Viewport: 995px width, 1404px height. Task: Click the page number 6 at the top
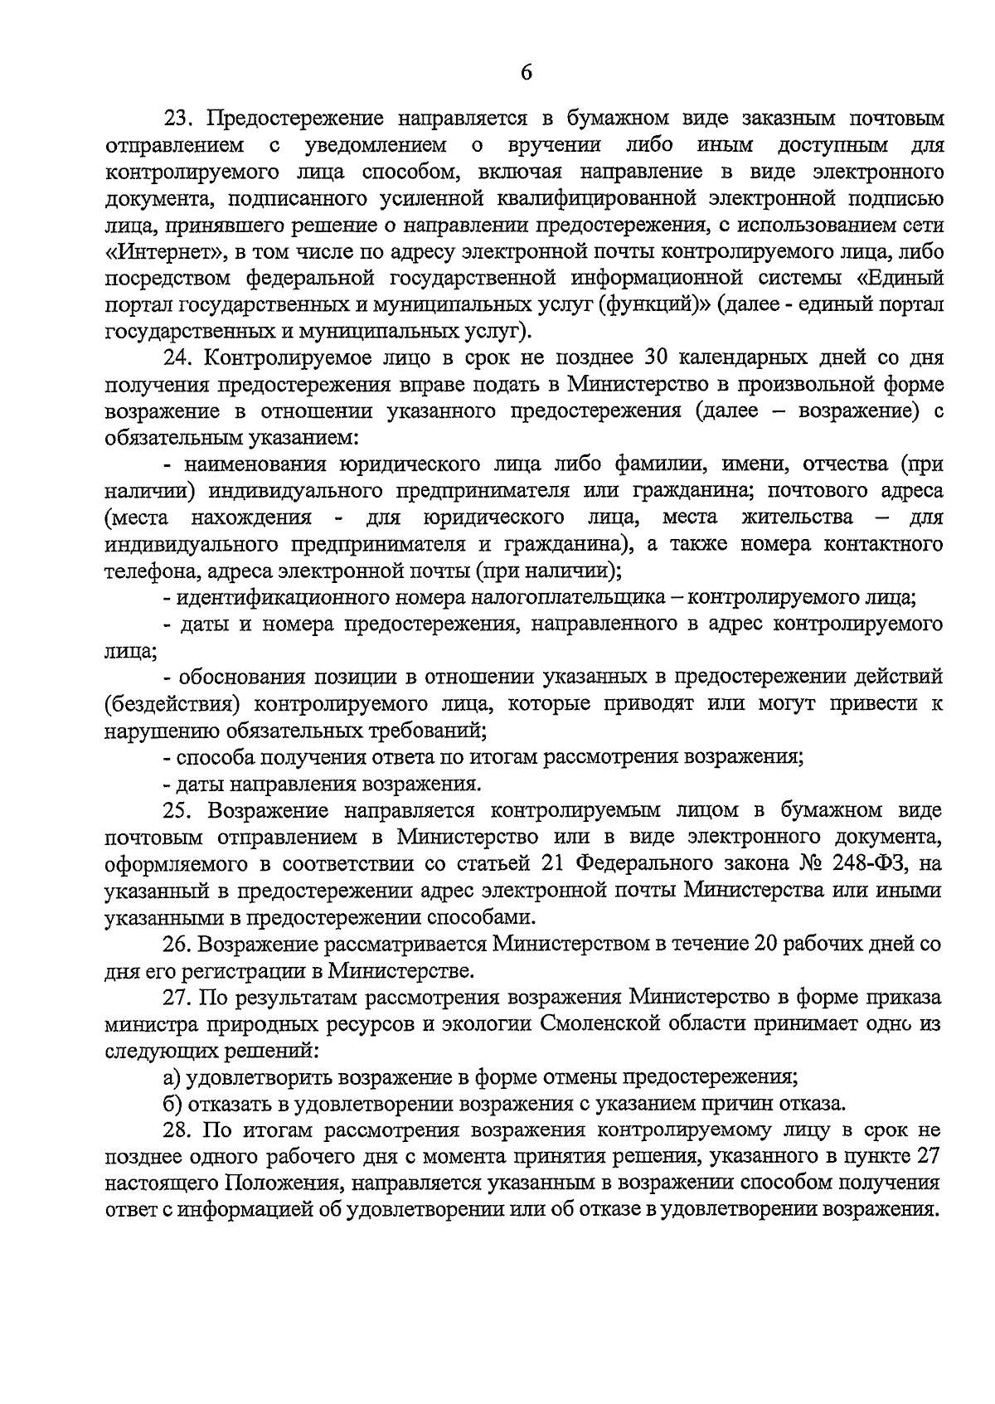526,72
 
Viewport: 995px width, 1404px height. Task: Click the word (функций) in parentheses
654,305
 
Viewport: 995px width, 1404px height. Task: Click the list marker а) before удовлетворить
172,1077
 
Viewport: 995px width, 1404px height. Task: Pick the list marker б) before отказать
172,1104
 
